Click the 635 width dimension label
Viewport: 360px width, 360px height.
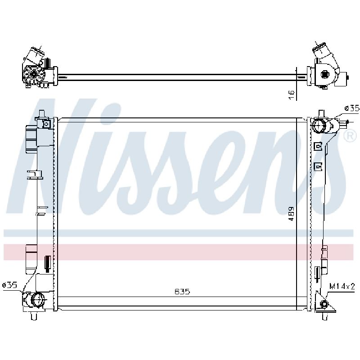[x=182, y=292]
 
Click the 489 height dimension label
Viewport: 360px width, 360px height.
[x=291, y=214]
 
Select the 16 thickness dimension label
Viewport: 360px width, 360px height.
[x=291, y=95]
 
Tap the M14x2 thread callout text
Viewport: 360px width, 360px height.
[x=342, y=286]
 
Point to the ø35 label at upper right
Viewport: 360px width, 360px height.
[x=352, y=108]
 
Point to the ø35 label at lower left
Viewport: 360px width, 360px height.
[x=9, y=285]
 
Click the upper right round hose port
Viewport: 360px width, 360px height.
[x=319, y=126]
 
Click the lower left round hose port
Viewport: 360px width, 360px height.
[x=37, y=299]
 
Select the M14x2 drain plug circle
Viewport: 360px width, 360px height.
[x=324, y=304]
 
